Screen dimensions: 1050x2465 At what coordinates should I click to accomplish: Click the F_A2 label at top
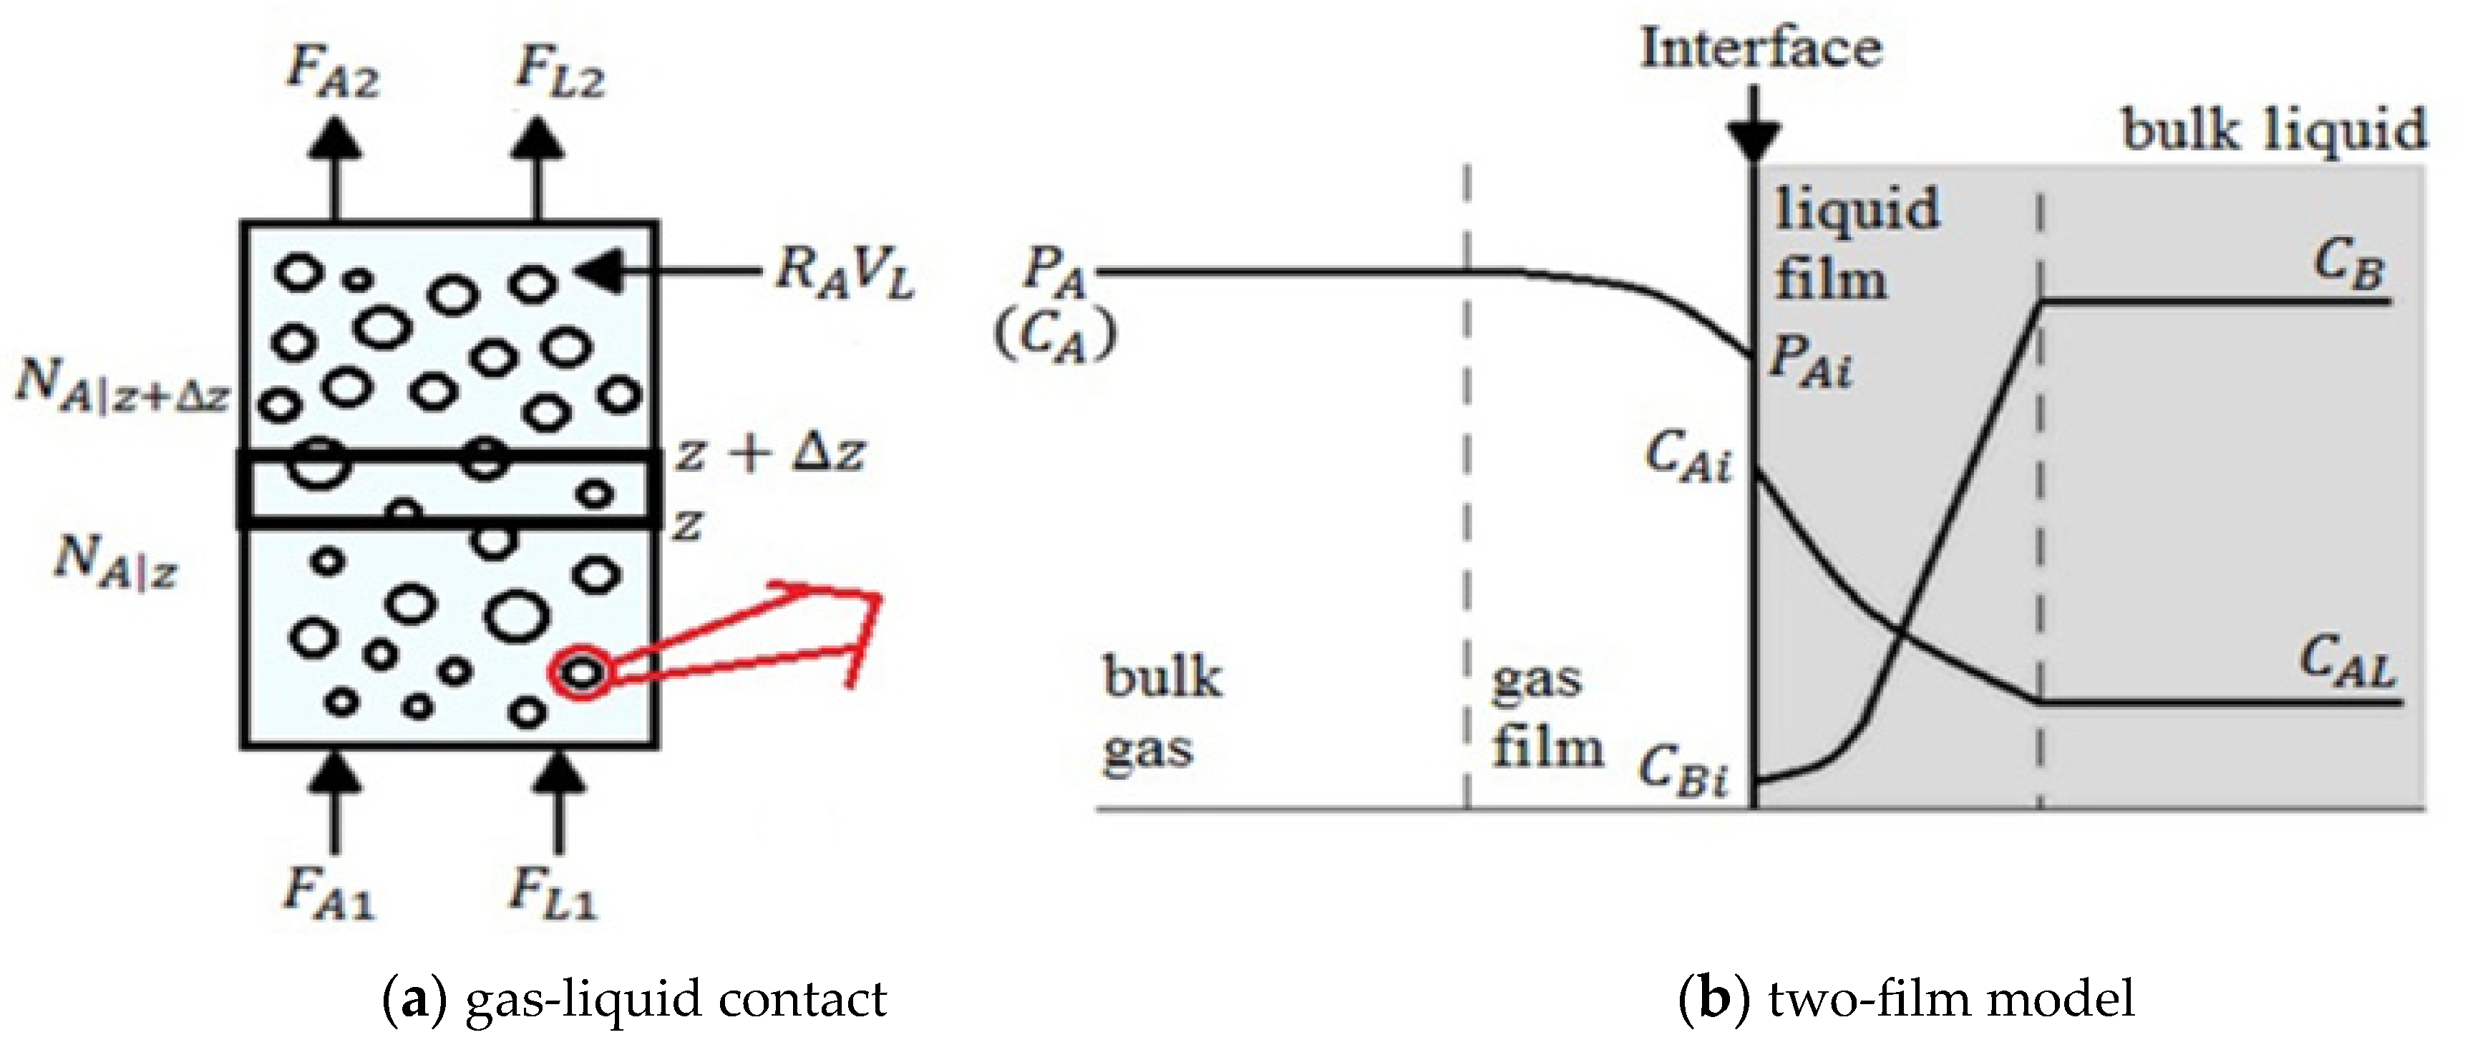coord(333,72)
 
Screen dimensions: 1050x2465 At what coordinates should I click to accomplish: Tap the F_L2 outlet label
coord(559,72)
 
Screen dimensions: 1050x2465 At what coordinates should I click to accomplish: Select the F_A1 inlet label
coord(329,895)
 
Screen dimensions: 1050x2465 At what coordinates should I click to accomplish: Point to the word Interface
coord(1761,48)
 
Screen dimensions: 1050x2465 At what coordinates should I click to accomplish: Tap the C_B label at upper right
coord(2349,264)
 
